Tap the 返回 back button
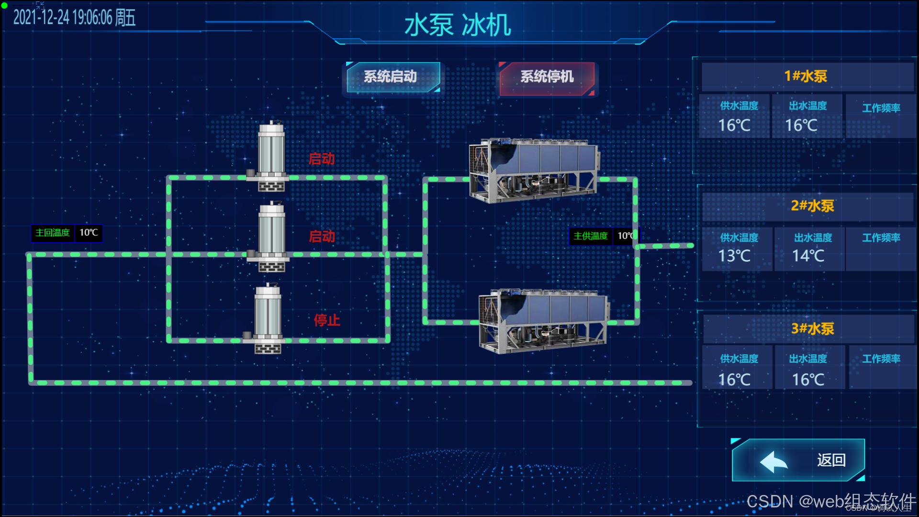pos(798,460)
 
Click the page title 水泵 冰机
pos(458,25)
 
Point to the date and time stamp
pos(74,18)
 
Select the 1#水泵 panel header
pos(806,77)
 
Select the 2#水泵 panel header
pos(812,206)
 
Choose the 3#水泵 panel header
pos(812,329)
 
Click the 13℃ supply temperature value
pos(734,256)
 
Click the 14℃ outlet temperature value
pos(808,256)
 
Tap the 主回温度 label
pos(53,233)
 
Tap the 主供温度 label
pos(590,236)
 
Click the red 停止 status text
pos(327,320)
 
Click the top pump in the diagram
pos(271,156)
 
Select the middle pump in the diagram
pos(271,237)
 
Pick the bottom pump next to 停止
pos(268,318)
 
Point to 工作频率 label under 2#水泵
pos(881,238)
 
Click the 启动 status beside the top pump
pos(322,159)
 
